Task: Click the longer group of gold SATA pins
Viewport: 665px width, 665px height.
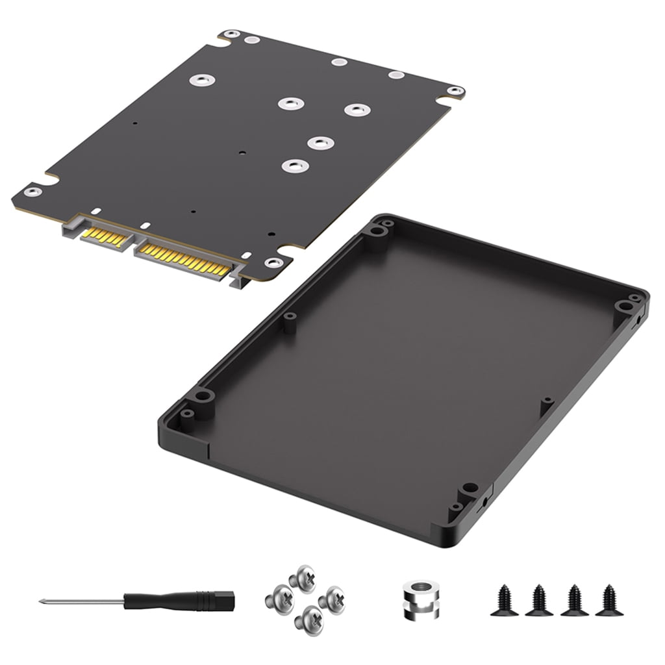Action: tap(183, 257)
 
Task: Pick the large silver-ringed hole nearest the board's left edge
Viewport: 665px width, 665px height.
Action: tap(198, 81)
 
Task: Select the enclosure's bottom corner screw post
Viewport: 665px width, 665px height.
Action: tap(466, 489)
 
